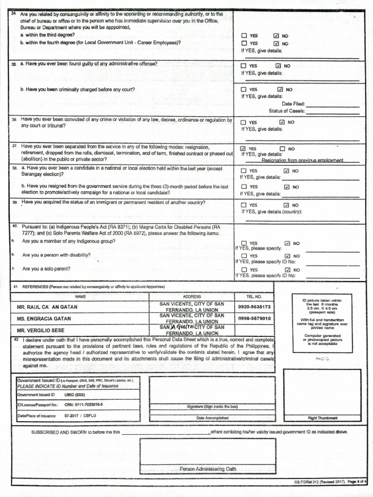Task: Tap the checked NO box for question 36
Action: [x=282, y=122]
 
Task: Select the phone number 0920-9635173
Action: [x=254, y=307]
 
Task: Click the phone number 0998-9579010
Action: [x=254, y=319]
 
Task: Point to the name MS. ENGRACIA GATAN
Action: [x=44, y=319]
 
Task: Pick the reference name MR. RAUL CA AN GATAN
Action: [x=47, y=307]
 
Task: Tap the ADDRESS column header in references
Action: [x=192, y=296]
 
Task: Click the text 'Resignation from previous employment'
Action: [x=302, y=160]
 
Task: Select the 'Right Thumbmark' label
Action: [x=322, y=418]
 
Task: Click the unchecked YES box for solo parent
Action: [x=244, y=270]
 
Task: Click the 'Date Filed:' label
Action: [x=293, y=104]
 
